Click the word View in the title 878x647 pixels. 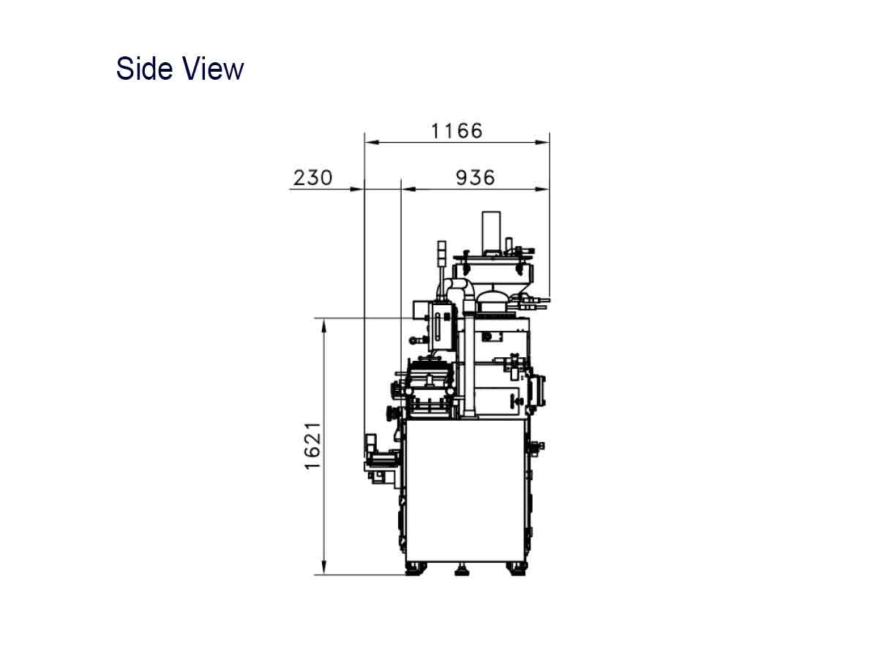pyautogui.click(x=213, y=68)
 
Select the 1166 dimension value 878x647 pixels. pyautogui.click(x=457, y=131)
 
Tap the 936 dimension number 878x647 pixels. pyautogui.click(x=475, y=178)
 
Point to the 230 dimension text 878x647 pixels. pyautogui.click(x=313, y=178)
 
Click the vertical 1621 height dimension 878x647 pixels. pyautogui.click(x=313, y=446)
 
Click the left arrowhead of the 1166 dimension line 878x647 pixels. pyautogui.click(x=372, y=142)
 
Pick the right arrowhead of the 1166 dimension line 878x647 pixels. pyautogui.click(x=542, y=142)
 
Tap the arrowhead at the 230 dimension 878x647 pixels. pyautogui.click(x=358, y=189)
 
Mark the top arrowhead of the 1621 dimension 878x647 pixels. pyautogui.click(x=323, y=326)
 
